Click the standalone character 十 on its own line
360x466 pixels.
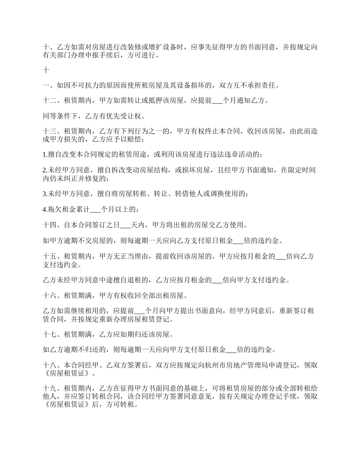(x=46, y=70)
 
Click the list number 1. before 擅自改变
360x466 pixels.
(x=45, y=154)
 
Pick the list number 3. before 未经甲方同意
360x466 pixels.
(x=45, y=194)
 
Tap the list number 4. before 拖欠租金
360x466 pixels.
(x=45, y=209)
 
